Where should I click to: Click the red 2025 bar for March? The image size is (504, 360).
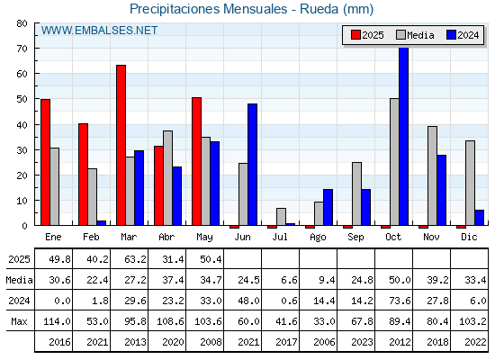(121, 145)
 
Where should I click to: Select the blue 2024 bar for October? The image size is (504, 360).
(404, 137)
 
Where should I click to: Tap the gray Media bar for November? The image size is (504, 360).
(432, 175)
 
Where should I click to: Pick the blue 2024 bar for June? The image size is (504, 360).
(253, 165)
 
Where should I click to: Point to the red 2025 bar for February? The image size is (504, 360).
(83, 175)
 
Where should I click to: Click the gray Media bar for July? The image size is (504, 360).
(281, 217)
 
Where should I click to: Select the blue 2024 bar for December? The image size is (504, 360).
(479, 218)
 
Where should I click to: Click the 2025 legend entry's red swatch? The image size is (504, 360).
(355, 35)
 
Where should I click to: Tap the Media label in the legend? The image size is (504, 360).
(420, 35)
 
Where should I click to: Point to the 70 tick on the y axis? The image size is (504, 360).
(22, 49)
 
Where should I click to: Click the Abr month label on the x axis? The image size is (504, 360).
(166, 237)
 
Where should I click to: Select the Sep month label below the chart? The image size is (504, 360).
(355, 238)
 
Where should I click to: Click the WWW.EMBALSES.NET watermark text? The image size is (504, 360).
(99, 31)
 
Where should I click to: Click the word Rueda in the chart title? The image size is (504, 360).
(319, 9)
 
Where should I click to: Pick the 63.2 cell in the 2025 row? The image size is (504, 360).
(135, 259)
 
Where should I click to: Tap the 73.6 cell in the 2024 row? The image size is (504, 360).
(400, 301)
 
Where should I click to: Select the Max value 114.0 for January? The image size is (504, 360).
(58, 321)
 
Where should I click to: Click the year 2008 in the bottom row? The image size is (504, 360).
(211, 342)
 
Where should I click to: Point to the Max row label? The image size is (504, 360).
(19, 321)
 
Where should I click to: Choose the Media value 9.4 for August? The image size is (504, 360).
(327, 280)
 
